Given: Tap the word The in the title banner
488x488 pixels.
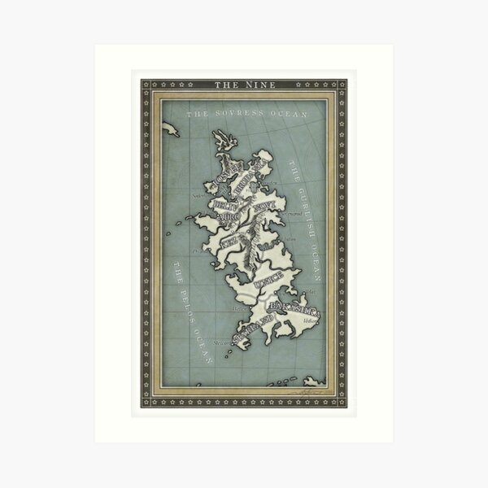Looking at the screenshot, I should click(x=225, y=84).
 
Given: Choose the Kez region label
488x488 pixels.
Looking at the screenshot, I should click(x=228, y=242).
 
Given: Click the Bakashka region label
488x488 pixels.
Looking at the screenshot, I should click(x=294, y=310).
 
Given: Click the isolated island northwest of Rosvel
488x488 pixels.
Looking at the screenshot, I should click(x=170, y=128).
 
